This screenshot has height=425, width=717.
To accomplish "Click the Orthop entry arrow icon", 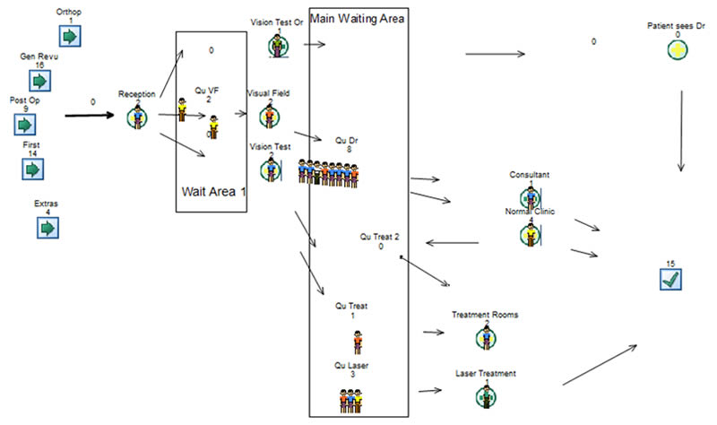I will [70, 36].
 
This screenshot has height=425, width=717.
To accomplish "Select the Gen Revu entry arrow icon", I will [39, 80].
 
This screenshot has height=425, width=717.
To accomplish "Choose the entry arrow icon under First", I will [34, 168].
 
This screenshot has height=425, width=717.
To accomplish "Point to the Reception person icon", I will [138, 116].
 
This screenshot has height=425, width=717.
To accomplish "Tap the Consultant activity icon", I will [530, 195].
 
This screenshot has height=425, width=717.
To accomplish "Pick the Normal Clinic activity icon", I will [530, 234].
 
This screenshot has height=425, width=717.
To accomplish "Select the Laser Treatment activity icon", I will [485, 394].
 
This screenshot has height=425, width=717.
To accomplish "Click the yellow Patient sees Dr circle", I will [677, 50].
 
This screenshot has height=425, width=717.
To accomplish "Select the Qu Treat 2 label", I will [380, 236].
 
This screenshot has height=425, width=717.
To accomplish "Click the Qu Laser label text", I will [352, 365].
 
